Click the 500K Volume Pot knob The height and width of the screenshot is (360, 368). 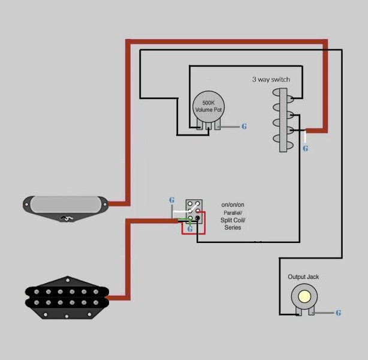[209, 107]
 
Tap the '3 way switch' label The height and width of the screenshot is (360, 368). [271, 79]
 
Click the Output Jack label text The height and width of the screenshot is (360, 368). [303, 277]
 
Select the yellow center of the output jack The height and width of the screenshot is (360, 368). [304, 296]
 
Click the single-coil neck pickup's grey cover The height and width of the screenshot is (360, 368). [66, 205]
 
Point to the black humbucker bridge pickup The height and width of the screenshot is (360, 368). [67, 298]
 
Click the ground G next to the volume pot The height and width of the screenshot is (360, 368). [244, 127]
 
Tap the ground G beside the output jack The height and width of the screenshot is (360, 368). [338, 313]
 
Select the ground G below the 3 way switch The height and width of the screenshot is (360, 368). [305, 148]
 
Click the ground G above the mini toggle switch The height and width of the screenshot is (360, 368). [172, 200]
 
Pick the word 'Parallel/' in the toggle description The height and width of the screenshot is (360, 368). [233, 213]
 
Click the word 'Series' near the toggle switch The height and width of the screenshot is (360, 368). [233, 227]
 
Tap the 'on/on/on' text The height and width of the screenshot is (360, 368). [233, 205]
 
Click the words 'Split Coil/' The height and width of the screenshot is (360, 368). [233, 220]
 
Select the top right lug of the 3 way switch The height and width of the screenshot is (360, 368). [291, 99]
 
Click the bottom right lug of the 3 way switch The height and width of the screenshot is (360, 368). [291, 146]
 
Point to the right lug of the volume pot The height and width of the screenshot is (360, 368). [218, 124]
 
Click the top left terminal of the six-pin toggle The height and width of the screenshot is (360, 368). [190, 203]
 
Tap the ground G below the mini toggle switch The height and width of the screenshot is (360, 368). [190, 229]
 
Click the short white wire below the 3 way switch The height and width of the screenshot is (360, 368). [305, 137]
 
